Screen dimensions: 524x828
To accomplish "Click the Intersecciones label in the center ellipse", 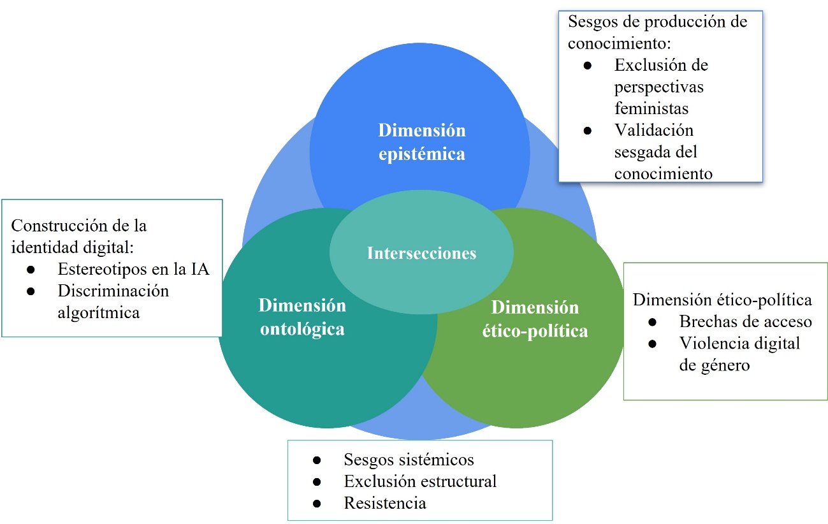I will (x=421, y=254).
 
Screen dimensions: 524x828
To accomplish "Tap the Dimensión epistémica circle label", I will (x=421, y=142).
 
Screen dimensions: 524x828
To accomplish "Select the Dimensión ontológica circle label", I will (x=302, y=317).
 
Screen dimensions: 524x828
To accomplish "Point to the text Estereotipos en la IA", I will (x=133, y=270).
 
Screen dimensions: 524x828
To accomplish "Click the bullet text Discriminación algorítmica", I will (x=113, y=302).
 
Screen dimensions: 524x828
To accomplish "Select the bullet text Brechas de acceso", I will (x=745, y=321).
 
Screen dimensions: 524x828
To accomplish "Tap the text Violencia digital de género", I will (x=739, y=354).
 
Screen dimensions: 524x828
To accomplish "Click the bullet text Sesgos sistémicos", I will (x=409, y=460).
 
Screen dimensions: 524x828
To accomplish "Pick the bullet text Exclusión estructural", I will (x=420, y=481).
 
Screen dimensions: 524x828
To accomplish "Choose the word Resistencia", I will (x=385, y=503).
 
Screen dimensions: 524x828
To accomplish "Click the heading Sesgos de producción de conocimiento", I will (x=657, y=32).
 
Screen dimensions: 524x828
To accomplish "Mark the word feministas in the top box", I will (x=651, y=108).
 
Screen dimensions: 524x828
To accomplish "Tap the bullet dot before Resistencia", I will (x=316, y=504).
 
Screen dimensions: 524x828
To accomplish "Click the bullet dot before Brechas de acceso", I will (x=651, y=322).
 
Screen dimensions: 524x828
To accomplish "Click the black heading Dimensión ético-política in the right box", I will (x=722, y=300).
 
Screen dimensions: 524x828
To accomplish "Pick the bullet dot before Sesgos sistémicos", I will (x=316, y=460).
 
